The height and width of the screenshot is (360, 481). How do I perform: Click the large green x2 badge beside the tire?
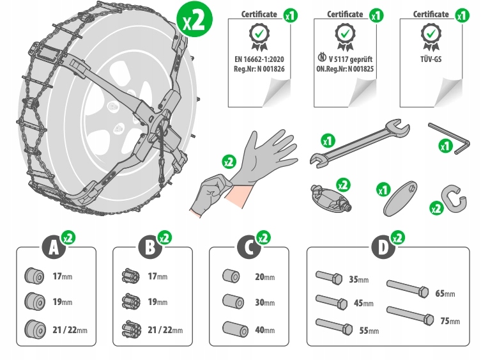(x=194, y=21)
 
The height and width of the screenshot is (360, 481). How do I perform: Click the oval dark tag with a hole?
(x=401, y=203)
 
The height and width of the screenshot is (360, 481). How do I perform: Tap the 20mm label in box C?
(x=264, y=278)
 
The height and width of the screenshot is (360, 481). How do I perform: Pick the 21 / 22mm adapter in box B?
(x=130, y=329)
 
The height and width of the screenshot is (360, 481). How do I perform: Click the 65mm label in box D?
(x=445, y=293)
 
